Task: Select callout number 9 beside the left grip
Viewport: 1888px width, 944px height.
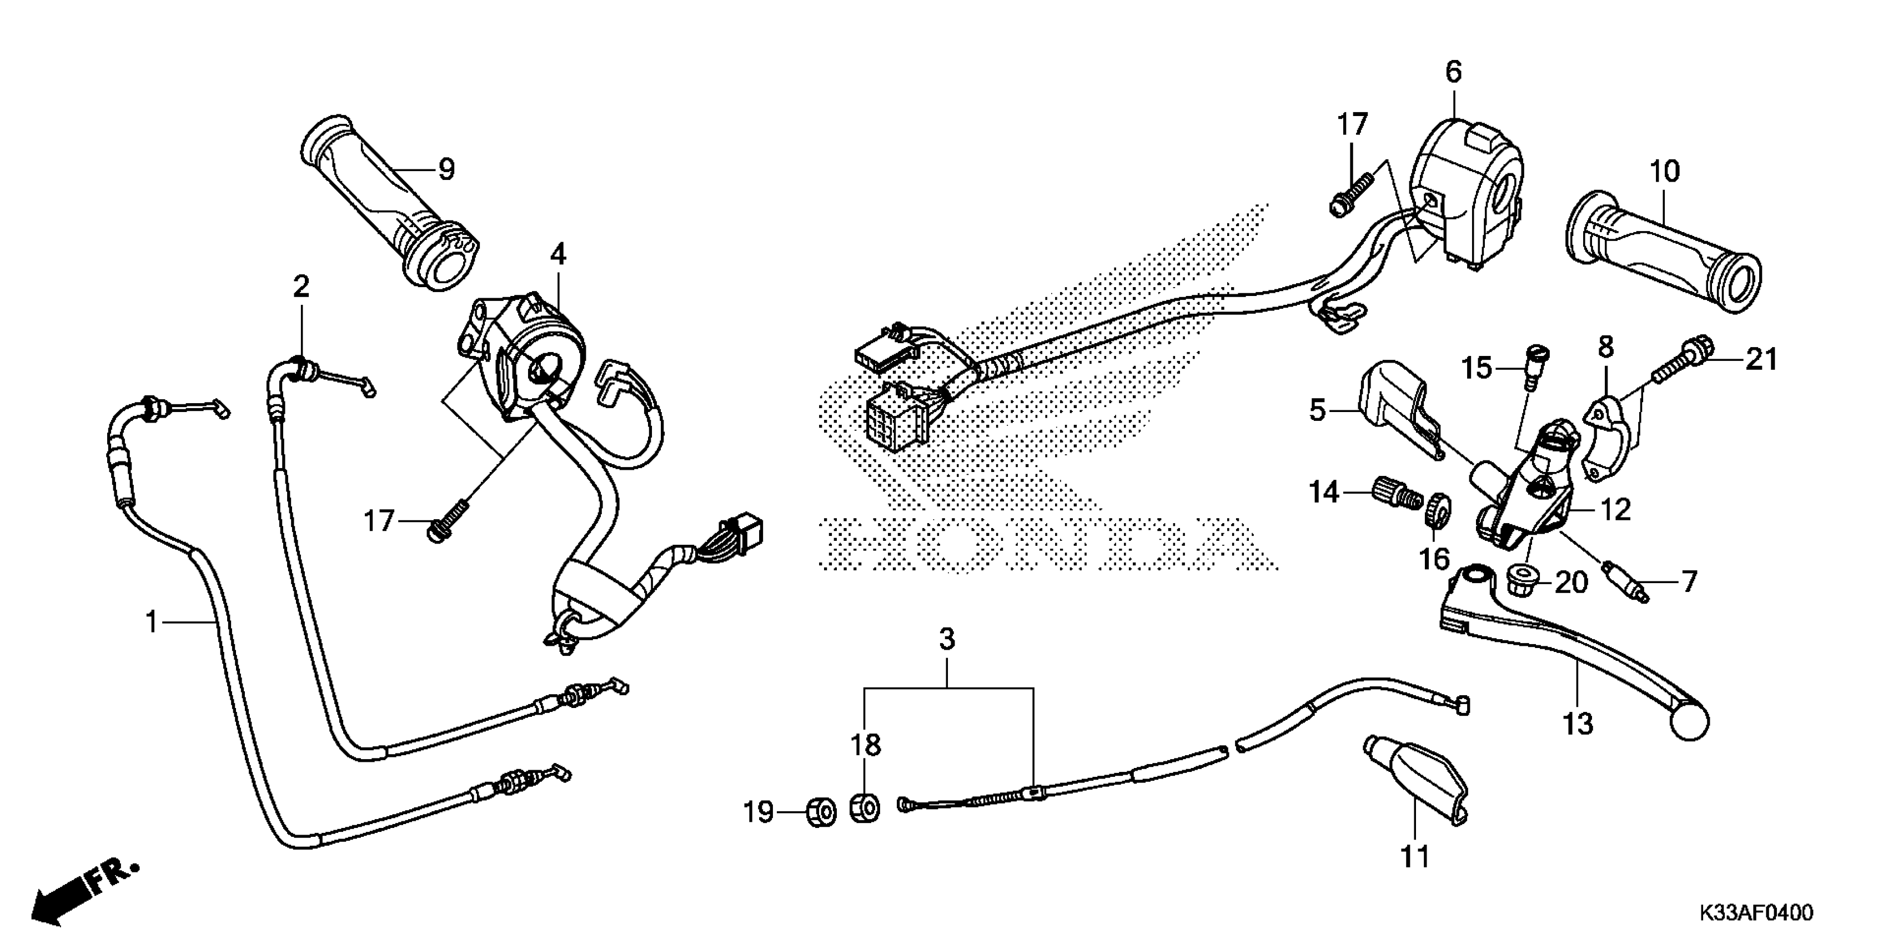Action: pyautogui.click(x=446, y=169)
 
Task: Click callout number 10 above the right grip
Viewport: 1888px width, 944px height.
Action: pyautogui.click(x=1664, y=172)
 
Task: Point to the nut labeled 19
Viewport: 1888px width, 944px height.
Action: pyautogui.click(x=821, y=812)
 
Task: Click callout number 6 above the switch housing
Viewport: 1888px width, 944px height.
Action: pyautogui.click(x=1453, y=72)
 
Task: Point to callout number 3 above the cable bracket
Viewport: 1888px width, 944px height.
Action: pyautogui.click(x=947, y=639)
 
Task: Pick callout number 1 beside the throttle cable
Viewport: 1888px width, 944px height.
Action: pyautogui.click(x=152, y=622)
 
